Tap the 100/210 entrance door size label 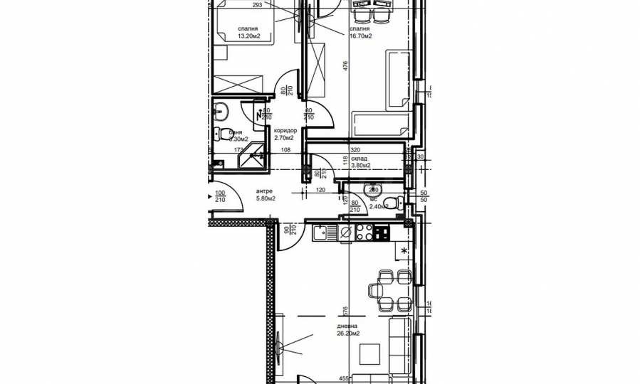click(x=220, y=196)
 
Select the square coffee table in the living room click(x=368, y=353)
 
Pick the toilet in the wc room click(x=373, y=189)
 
